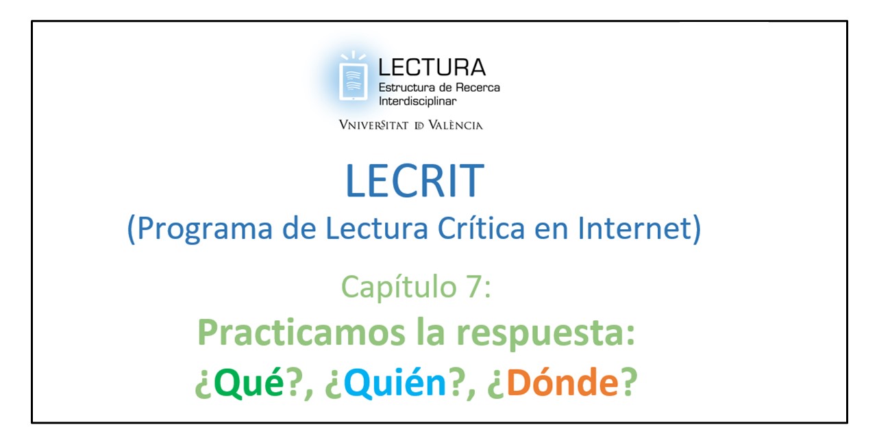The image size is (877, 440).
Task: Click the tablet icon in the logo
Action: (353, 81)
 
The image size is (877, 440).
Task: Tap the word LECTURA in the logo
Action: (432, 67)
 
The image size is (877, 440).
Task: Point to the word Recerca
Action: (478, 87)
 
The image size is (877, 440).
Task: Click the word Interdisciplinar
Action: (417, 101)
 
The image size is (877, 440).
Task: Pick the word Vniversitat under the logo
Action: (373, 125)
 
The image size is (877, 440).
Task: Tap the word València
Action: (456, 125)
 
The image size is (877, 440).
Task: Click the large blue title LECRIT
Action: (415, 181)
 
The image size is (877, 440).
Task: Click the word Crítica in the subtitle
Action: (481, 228)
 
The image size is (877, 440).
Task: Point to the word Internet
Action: (634, 228)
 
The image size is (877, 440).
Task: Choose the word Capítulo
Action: (399, 287)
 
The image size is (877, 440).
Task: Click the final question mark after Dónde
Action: (628, 381)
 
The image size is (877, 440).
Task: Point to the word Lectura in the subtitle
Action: (377, 228)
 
